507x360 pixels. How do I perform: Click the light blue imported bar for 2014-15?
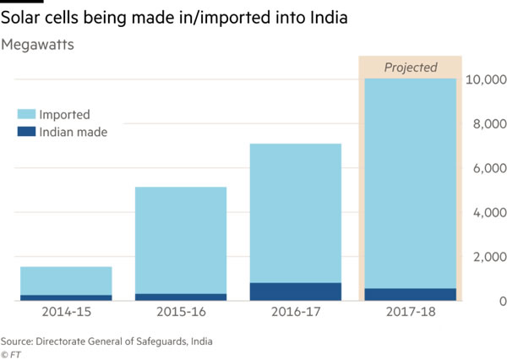coord(66,281)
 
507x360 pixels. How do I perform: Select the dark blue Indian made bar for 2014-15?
coord(66,297)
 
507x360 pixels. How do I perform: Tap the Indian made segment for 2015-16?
coord(181,297)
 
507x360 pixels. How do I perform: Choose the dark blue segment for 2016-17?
coord(296,292)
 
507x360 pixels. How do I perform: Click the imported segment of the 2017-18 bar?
coord(410,182)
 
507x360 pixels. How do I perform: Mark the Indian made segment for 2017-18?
coord(410,294)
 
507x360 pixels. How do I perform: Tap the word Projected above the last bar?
coord(411,68)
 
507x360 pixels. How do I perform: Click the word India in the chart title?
coord(324,19)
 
